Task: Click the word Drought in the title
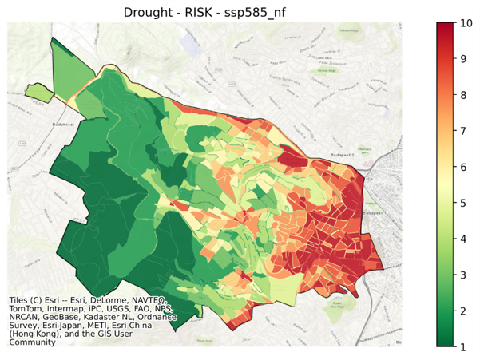point(149,12)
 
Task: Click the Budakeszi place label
point(62,125)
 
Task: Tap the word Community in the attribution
point(32,342)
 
